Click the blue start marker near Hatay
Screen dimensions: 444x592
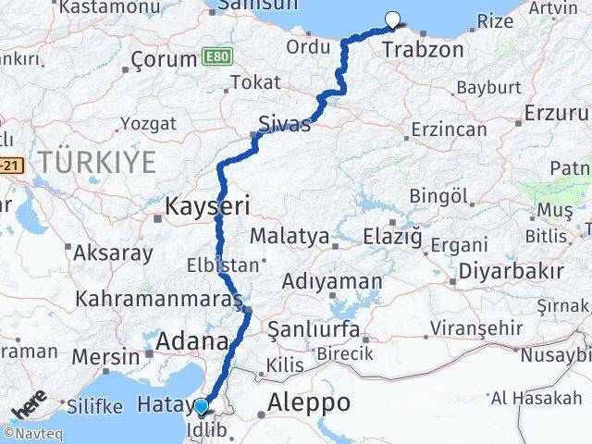point(201,406)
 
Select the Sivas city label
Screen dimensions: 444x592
point(285,125)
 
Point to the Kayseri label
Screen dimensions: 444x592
point(204,205)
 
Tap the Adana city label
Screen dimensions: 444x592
point(192,342)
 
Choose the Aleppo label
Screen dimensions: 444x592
point(309,403)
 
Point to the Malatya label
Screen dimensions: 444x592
point(290,237)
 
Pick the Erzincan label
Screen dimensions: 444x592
point(449,130)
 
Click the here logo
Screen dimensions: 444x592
point(29,408)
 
